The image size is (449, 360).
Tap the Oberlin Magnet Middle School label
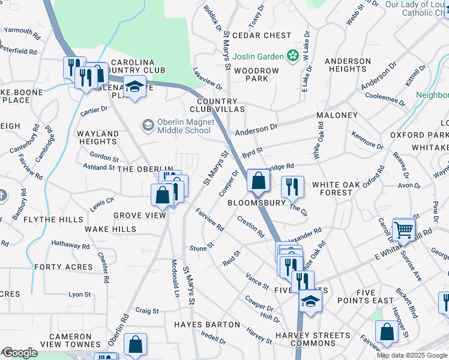[x=184, y=126]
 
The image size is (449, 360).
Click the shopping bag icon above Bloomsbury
[x=258, y=180]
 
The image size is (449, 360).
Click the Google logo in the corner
[x=19, y=353]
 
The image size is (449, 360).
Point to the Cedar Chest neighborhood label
[x=261, y=36]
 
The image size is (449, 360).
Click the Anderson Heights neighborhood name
[x=348, y=65]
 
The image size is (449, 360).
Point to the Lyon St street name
[x=79, y=295]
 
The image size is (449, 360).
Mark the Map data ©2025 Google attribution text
[x=412, y=355]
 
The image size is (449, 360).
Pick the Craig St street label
[x=147, y=311]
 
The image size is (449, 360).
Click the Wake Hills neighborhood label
[x=110, y=229]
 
